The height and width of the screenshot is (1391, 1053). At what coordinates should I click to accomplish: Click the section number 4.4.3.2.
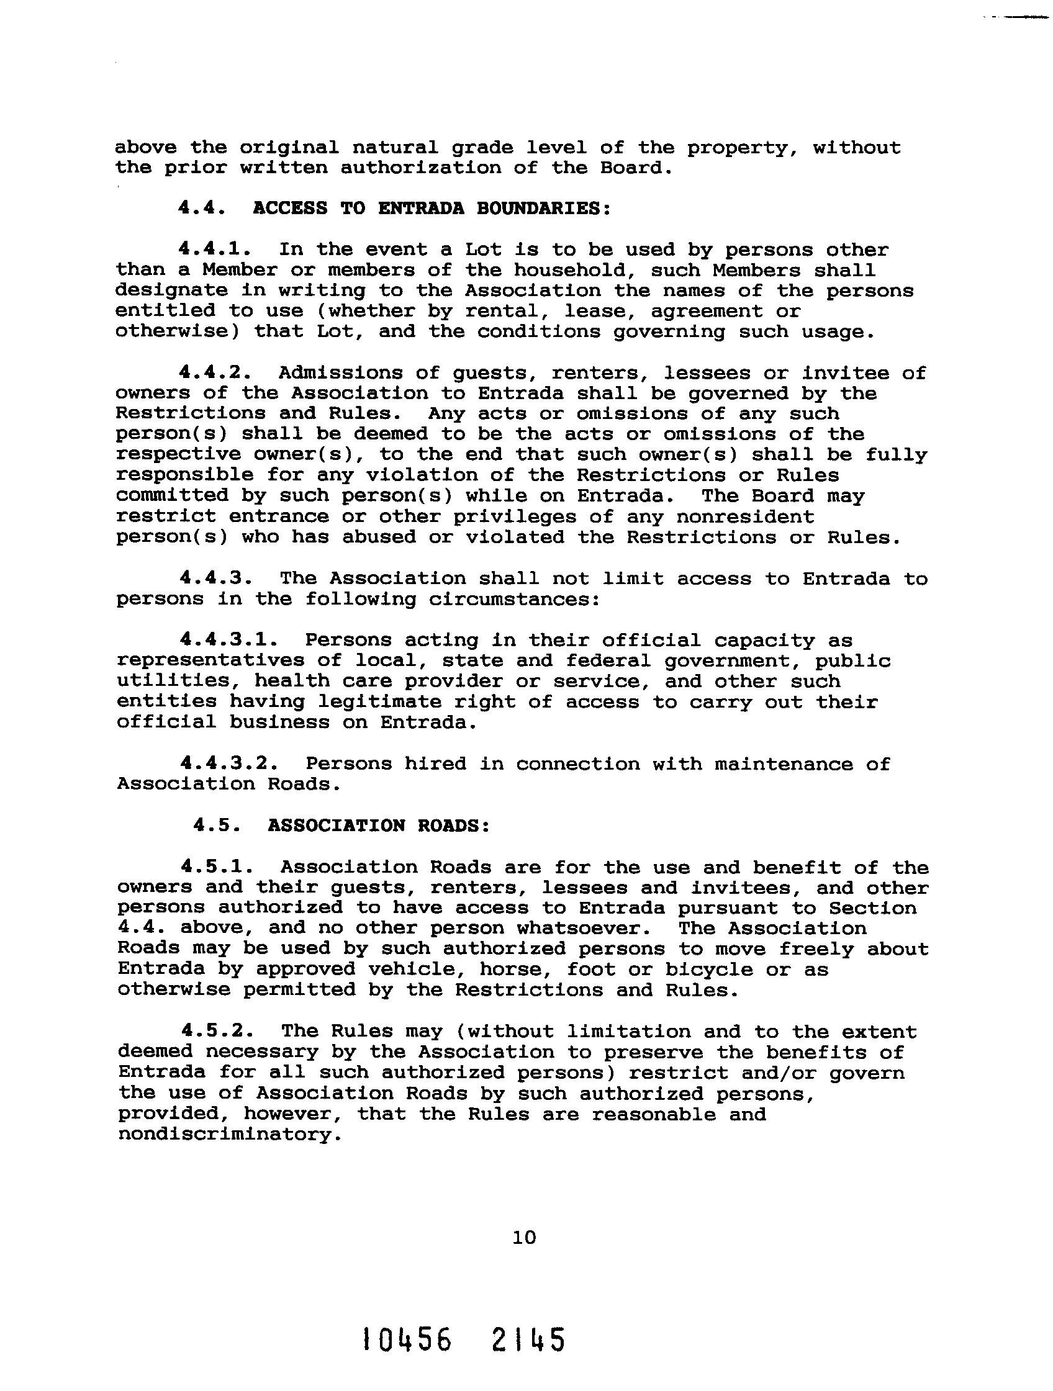229,763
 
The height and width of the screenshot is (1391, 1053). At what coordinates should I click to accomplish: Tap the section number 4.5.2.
218,1032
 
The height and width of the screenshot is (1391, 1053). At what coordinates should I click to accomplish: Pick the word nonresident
745,517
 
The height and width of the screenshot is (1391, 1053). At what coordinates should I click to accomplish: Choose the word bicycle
709,970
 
